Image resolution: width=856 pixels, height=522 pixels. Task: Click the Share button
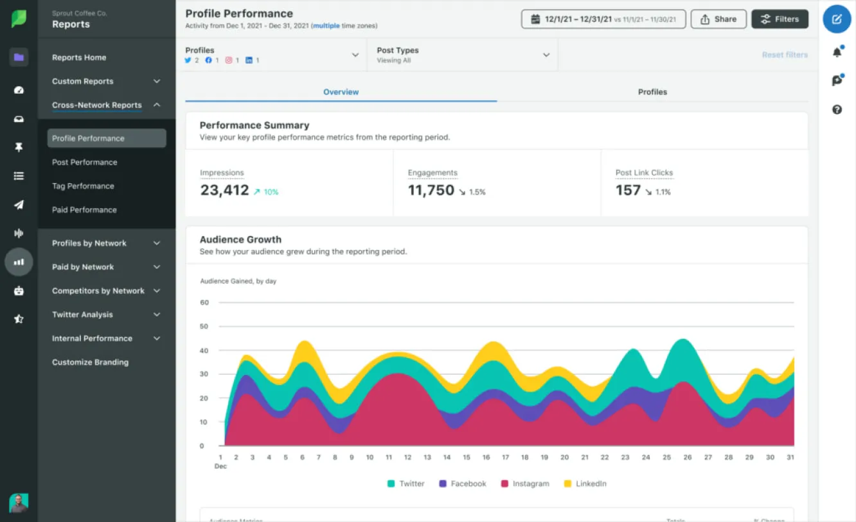pyautogui.click(x=718, y=19)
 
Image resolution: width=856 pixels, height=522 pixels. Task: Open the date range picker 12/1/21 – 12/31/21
pyautogui.click(x=603, y=19)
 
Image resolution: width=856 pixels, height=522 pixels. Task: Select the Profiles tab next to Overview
pyautogui.click(x=652, y=92)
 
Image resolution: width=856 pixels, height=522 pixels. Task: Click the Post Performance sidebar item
pyautogui.click(x=85, y=162)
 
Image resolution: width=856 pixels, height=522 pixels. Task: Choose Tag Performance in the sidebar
pyautogui.click(x=83, y=186)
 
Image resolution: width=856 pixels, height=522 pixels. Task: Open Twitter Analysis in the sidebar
pyautogui.click(x=82, y=314)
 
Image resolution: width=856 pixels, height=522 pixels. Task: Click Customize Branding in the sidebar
pyautogui.click(x=90, y=362)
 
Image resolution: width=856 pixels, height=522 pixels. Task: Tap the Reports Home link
pyautogui.click(x=79, y=57)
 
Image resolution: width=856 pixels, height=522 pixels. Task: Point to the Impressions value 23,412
pyautogui.click(x=224, y=190)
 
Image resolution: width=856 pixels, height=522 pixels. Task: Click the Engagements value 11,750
pyautogui.click(x=431, y=190)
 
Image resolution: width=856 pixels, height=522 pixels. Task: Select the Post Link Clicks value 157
pyautogui.click(x=628, y=190)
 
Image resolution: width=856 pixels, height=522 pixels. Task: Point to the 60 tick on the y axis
pyautogui.click(x=204, y=302)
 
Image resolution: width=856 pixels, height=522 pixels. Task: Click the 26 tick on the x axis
pyautogui.click(x=687, y=458)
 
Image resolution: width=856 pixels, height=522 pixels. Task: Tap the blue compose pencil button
pyautogui.click(x=837, y=19)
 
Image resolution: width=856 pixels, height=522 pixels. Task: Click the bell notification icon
pyautogui.click(x=837, y=53)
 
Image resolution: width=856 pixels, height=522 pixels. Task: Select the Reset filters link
pyautogui.click(x=785, y=55)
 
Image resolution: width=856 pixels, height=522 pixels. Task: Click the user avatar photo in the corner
pyautogui.click(x=19, y=503)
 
